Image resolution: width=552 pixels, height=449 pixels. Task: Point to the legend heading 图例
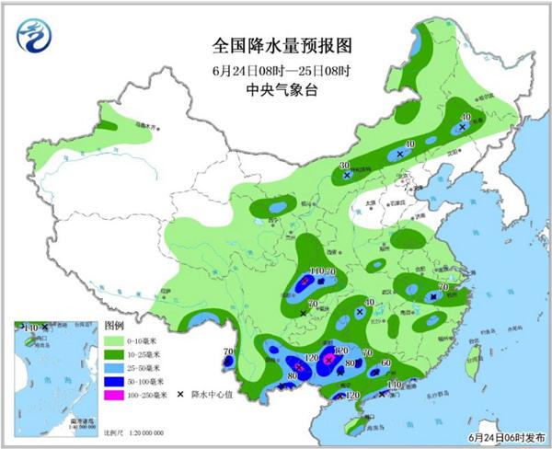(116, 326)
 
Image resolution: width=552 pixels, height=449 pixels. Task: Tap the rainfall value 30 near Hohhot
(344, 165)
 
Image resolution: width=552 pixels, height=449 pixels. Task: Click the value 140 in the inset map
(30, 328)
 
